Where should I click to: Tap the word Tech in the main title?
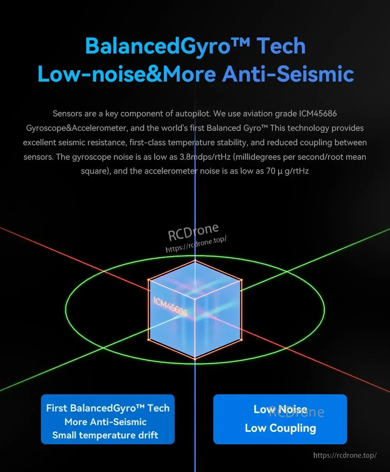281,46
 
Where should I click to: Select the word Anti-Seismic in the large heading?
288,74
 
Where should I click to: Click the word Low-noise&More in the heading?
127,74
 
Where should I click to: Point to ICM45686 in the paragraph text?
318,114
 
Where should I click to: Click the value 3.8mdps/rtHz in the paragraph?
205,157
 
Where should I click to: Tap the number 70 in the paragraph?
271,171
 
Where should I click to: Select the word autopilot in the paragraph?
193,114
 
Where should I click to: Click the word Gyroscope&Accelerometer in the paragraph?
76,128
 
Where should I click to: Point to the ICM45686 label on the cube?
170,306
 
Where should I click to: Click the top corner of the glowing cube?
195,261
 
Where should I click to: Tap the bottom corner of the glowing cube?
195,358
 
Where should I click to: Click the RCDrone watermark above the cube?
193,232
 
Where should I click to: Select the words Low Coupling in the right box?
280,428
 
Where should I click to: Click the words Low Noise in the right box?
280,409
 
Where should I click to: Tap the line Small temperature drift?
105,435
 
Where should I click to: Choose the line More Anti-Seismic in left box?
105,422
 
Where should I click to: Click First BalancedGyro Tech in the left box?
108,408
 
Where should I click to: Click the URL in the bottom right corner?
345,455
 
